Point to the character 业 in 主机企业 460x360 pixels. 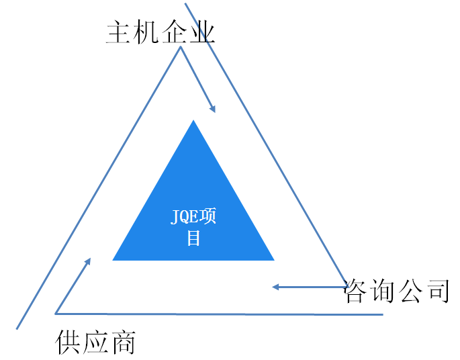(201, 32)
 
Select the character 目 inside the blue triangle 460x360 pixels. (193, 238)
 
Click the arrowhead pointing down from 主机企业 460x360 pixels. (212, 108)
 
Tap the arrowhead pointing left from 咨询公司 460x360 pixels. (275, 287)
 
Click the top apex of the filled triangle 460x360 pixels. (193, 121)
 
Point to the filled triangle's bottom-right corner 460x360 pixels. (274, 260)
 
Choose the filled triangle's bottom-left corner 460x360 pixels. (113, 260)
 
